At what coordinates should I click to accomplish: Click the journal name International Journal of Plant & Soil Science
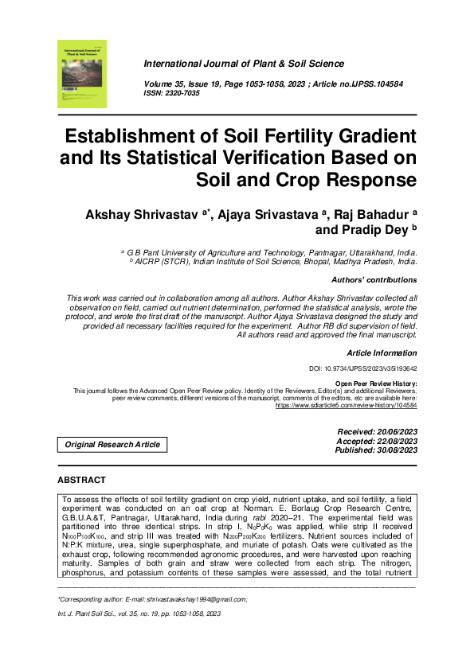[243, 64]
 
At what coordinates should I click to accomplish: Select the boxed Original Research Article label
[112, 444]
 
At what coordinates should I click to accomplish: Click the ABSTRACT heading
[82, 481]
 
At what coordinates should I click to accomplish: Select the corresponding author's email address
[188, 598]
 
